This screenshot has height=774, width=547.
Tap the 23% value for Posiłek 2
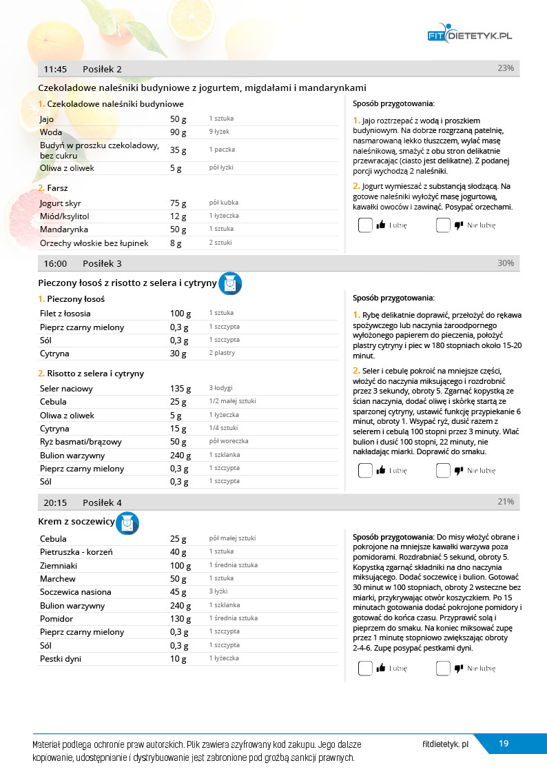(505, 68)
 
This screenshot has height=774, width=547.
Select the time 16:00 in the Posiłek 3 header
(54, 263)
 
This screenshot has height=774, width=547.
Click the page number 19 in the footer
(504, 744)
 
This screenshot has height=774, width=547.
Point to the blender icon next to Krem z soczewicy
(127, 524)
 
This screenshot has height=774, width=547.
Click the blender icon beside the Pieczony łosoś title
(230, 283)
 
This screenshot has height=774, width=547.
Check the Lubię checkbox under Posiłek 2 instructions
(365, 225)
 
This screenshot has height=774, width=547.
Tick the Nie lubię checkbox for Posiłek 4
(443, 668)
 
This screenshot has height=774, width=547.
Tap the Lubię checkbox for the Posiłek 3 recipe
(365, 471)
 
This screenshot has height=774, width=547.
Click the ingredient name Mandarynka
(64, 229)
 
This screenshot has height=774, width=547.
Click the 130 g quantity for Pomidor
(180, 619)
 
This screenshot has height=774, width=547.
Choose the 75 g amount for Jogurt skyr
(178, 203)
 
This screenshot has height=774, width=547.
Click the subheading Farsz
(57, 187)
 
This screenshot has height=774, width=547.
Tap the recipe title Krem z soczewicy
(76, 522)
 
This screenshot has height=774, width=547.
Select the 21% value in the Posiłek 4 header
(505, 502)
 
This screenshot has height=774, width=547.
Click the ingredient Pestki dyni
(61, 659)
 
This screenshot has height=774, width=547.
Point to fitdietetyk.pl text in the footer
(445, 744)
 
